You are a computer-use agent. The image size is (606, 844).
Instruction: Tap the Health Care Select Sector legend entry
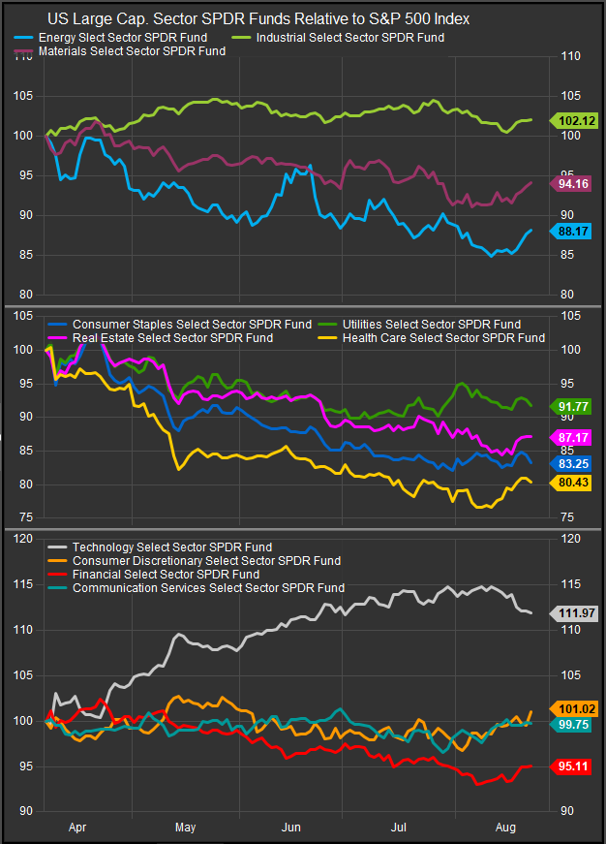click(x=442, y=337)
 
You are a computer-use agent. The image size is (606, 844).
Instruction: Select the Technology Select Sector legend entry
click(x=171, y=547)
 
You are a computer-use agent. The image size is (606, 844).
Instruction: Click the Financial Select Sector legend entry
click(x=166, y=574)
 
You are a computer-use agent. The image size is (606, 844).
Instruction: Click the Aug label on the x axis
click(x=503, y=828)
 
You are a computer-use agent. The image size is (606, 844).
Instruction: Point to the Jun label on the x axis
click(x=291, y=828)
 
